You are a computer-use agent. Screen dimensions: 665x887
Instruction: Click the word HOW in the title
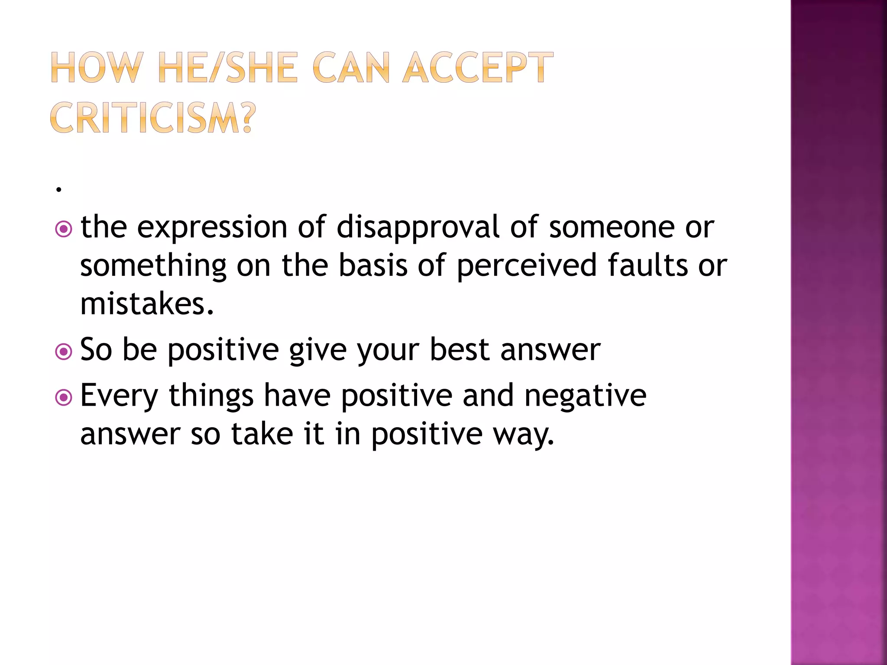click(96, 68)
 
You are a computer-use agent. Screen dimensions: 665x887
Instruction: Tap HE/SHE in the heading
click(228, 68)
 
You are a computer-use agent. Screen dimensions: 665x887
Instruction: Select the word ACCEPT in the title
click(478, 68)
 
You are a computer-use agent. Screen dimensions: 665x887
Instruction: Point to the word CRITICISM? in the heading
click(153, 118)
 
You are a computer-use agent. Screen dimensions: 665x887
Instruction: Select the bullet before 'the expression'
click(64, 229)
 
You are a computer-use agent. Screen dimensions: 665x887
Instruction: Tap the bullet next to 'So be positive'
click(64, 352)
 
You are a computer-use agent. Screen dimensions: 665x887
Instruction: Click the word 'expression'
click(212, 228)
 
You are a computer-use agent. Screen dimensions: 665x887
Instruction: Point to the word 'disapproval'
click(418, 228)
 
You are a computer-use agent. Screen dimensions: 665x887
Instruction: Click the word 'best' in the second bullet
click(460, 350)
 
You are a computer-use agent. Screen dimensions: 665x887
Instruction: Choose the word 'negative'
click(586, 396)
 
